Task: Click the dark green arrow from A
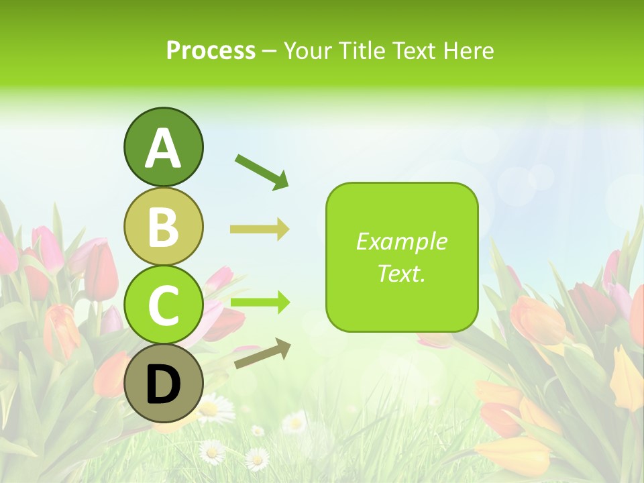click(x=262, y=171)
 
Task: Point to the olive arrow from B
click(x=260, y=229)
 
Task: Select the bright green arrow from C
click(x=260, y=303)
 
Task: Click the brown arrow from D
click(x=262, y=354)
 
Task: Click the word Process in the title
click(x=211, y=51)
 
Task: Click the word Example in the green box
click(x=401, y=241)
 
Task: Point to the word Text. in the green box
click(x=401, y=273)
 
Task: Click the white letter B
click(x=164, y=227)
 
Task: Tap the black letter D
click(x=164, y=385)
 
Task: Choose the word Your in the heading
click(x=307, y=51)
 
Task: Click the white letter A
click(x=164, y=148)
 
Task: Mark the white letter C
click(x=164, y=305)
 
